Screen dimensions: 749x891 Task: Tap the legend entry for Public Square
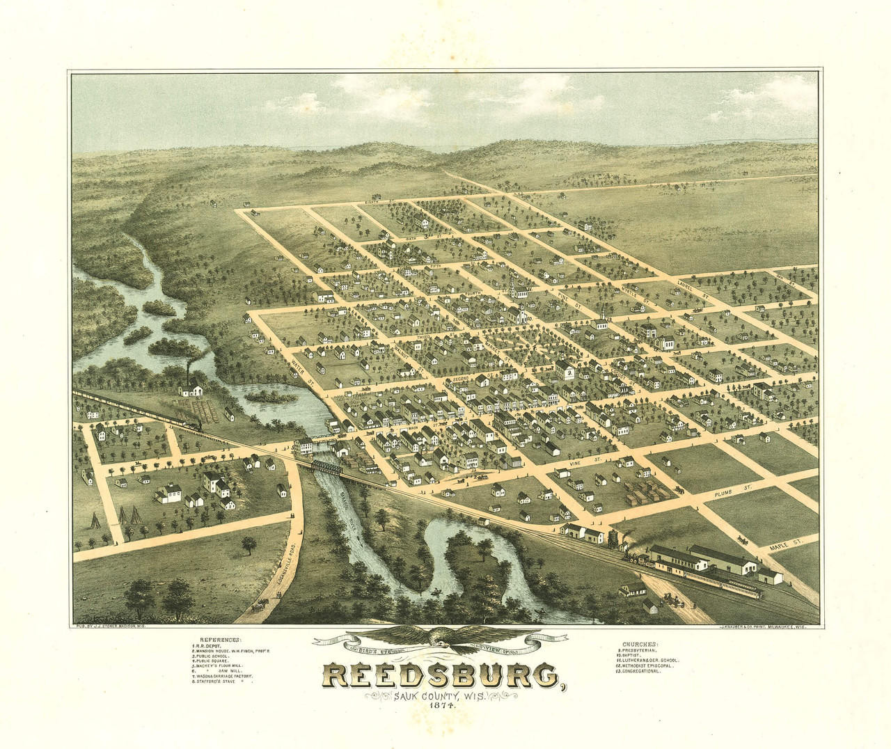coord(213,658)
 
